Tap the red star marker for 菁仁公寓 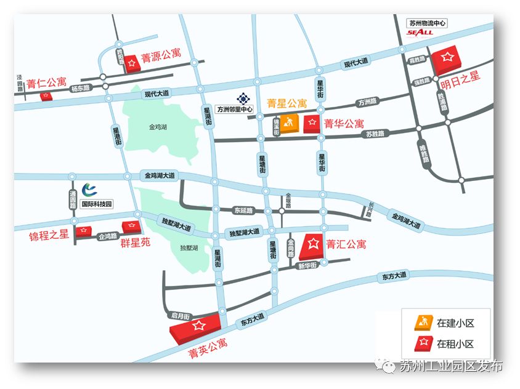tap(46, 96)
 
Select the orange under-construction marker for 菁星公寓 tap(290, 123)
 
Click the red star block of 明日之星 tap(447, 60)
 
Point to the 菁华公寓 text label tap(344, 124)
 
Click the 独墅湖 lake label tap(189, 247)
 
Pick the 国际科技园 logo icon tap(90, 189)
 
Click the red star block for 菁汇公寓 tap(312, 246)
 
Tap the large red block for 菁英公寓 tap(197, 327)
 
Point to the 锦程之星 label tap(49, 236)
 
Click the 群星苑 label tap(135, 243)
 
